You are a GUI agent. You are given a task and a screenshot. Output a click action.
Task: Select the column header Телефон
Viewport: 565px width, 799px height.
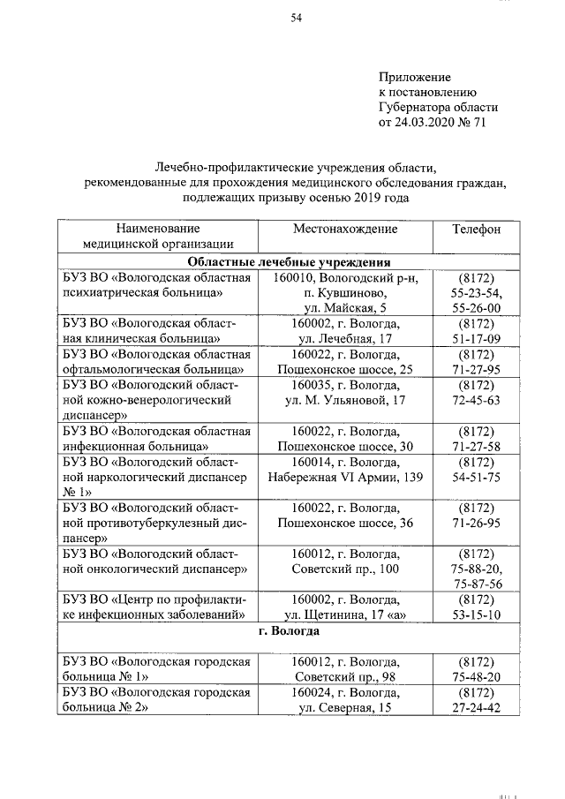pos(476,229)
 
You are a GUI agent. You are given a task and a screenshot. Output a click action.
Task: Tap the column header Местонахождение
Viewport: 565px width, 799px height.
pos(345,229)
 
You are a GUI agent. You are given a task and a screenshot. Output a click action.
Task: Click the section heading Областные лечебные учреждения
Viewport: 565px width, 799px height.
pos(290,262)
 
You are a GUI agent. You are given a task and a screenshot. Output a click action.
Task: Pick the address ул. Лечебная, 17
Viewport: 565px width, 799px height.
pos(345,338)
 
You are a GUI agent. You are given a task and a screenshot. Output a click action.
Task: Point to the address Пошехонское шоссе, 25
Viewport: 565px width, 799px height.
pos(345,369)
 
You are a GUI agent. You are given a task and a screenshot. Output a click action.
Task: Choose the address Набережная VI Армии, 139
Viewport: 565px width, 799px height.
pos(345,477)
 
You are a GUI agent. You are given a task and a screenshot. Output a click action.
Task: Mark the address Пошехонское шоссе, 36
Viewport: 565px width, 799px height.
pos(345,524)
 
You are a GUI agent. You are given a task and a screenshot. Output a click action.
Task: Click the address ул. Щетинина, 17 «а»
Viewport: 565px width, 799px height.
pos(345,615)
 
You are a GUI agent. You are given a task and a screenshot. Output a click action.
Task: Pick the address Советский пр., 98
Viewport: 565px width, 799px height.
pos(345,676)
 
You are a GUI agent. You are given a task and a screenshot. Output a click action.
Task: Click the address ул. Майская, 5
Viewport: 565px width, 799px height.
pos(345,308)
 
